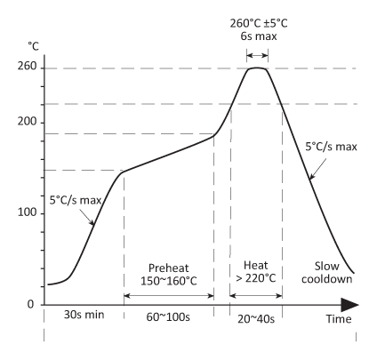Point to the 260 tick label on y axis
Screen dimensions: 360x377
25,68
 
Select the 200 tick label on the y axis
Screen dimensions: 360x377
25,122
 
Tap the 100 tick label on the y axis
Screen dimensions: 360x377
25,213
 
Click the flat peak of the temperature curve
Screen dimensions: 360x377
258,68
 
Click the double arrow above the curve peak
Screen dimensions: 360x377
258,52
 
